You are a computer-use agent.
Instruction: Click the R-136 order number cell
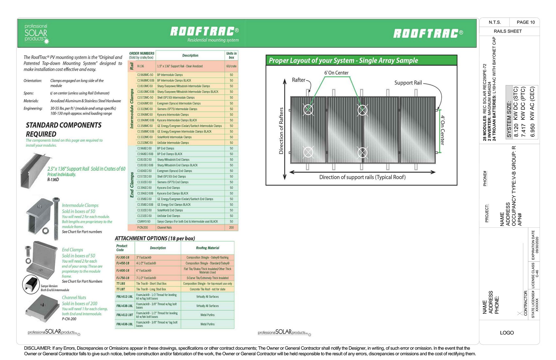(141, 66)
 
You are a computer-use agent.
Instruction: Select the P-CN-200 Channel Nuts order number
(143, 227)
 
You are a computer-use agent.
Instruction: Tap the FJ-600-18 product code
(123, 271)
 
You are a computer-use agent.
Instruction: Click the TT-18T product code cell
(121, 289)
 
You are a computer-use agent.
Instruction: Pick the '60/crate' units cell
(231, 66)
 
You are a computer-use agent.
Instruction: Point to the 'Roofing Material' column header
(207, 248)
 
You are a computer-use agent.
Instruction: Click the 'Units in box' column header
(231, 55)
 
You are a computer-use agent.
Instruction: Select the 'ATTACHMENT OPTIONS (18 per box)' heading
(155, 238)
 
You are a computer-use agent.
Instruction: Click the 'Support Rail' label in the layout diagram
(408, 83)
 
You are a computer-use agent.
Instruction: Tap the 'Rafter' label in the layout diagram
(298, 80)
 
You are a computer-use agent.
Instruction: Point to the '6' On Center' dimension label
(336, 73)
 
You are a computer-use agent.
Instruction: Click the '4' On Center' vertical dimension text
(442, 130)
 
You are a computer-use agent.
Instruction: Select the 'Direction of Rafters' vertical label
(281, 131)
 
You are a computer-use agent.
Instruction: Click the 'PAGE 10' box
(526, 22)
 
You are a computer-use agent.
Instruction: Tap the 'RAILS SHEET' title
(508, 31)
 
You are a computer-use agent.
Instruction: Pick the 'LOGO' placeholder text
(507, 333)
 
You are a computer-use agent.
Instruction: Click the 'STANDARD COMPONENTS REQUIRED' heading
(64, 130)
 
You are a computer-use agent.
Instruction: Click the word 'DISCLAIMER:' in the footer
(37, 348)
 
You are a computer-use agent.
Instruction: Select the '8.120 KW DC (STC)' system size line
(516, 112)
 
